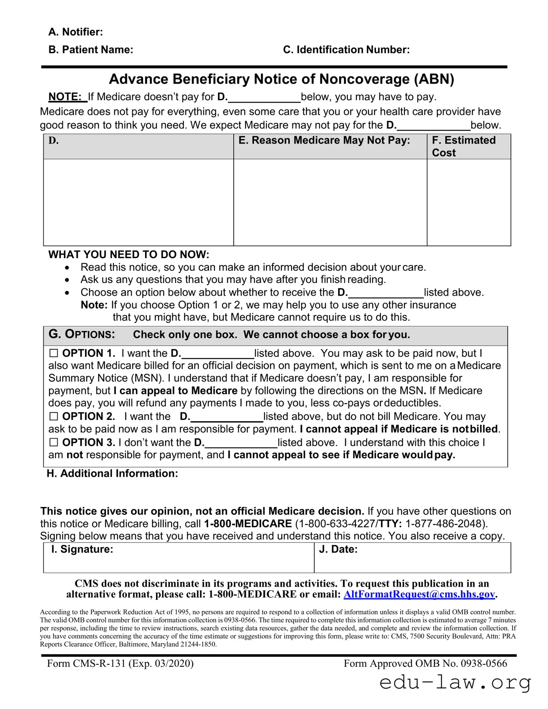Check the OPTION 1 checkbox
pos(53,353)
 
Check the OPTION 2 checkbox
pos(53,416)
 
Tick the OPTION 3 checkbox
pos(53,442)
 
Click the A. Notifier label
pos(76,32)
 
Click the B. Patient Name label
pos(91,50)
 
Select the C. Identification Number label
pos(346,50)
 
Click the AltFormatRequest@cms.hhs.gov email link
pos(419,594)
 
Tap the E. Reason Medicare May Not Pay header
pos(324,140)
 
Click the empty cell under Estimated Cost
pos(469,202)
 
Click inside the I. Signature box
pos(178,561)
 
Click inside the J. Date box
pos(412,561)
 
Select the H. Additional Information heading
pos(112,473)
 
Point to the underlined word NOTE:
pos(67,97)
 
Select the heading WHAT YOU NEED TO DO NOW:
pos(128,254)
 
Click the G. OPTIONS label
pos(82,334)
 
